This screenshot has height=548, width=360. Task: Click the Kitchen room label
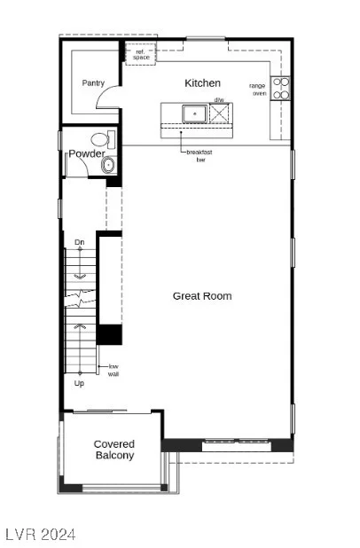tap(202, 83)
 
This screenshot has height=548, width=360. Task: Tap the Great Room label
tap(202, 296)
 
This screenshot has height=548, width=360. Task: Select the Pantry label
tap(93, 83)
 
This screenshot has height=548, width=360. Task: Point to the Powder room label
tap(87, 153)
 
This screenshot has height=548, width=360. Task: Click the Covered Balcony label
tap(114, 450)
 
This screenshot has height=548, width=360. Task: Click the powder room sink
tap(109, 165)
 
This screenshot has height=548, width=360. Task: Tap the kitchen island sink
tap(194, 114)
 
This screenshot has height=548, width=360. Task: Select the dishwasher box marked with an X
tap(220, 114)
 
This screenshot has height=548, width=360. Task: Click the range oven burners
tap(281, 89)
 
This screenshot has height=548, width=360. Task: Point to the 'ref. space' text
tap(141, 54)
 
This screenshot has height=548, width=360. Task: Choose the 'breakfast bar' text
tap(200, 156)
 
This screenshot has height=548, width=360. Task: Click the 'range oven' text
tap(258, 90)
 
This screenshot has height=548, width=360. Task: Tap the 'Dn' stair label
tap(80, 242)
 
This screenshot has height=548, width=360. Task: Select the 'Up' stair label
tap(79, 383)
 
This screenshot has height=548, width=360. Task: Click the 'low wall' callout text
tap(113, 370)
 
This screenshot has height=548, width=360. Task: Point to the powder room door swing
tap(82, 162)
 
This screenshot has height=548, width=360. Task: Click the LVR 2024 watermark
tap(41, 535)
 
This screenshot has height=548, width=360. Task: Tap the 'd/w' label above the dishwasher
tap(219, 100)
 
